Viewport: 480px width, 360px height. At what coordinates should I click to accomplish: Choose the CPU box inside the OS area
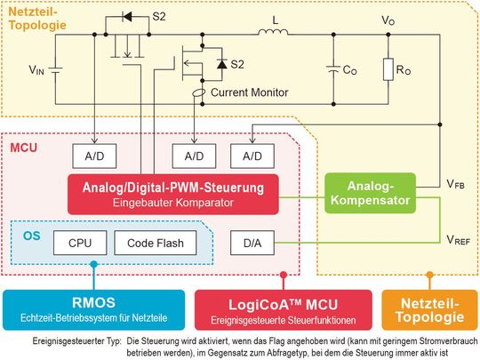click(x=80, y=241)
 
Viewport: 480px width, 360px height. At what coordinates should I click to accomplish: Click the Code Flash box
click(x=150, y=241)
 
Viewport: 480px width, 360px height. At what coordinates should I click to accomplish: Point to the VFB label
click(x=455, y=185)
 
